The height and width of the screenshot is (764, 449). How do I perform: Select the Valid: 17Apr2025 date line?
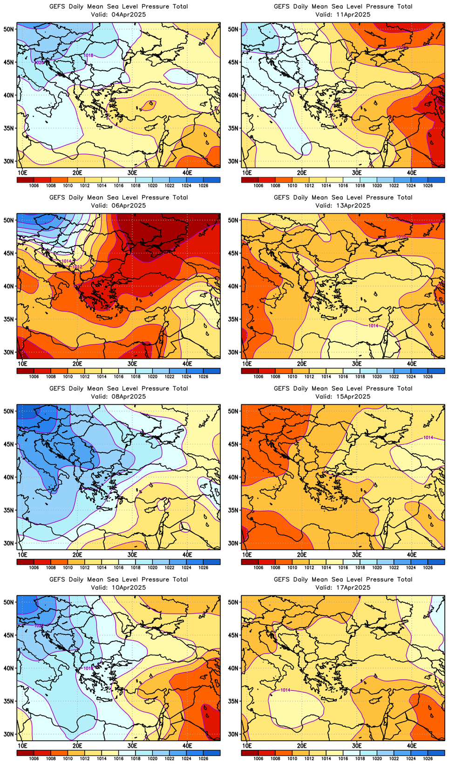pos(343,587)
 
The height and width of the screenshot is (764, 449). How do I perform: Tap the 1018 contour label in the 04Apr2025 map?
pos(88,55)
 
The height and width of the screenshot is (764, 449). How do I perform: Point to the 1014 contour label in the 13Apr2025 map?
pos(373,326)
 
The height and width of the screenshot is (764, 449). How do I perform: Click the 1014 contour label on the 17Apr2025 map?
pos(285,690)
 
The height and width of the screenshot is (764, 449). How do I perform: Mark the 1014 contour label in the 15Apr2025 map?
pos(428,437)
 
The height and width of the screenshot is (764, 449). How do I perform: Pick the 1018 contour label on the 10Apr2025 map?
pos(88,668)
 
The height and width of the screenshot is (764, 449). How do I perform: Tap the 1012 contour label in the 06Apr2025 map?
pos(77,266)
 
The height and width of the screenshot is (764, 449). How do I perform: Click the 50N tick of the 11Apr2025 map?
pos(233,29)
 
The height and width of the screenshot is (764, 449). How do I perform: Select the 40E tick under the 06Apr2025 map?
pos(187,363)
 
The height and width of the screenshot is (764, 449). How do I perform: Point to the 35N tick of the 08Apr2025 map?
pos(9,510)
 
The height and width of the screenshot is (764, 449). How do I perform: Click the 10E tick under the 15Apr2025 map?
pos(247,554)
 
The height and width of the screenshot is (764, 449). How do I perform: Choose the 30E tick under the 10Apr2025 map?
pos(132,745)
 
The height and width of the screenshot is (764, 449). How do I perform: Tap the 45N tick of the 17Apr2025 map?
pos(233,635)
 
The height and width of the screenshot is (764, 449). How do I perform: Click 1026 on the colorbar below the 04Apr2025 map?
pos(203,185)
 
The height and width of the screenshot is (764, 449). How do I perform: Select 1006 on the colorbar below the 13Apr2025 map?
pos(259,376)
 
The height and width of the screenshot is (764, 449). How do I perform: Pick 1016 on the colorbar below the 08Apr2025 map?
pos(118,567)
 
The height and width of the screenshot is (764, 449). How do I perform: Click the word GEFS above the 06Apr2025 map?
pos(57,198)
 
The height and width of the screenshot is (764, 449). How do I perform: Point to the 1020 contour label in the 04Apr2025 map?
pos(40,62)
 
